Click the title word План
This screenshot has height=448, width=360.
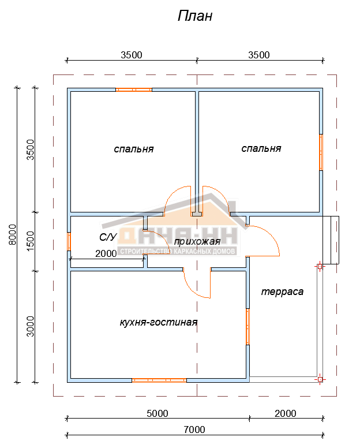tap(195, 16)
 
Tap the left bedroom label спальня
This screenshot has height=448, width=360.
tap(134, 149)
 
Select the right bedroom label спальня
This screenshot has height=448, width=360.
tap(261, 148)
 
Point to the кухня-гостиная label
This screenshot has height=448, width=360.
tap(159, 322)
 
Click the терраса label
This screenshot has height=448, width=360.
tap(282, 292)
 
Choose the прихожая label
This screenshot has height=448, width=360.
tap(197, 242)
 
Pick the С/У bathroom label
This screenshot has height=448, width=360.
tap(108, 237)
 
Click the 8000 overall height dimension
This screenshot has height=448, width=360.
tap(12, 234)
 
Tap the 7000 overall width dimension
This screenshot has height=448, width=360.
tap(194, 430)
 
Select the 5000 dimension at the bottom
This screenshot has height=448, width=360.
tap(157, 413)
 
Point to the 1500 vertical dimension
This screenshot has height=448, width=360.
tap(30, 241)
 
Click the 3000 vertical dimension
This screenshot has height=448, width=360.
tap(30, 326)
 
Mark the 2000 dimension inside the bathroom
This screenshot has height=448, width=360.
tap(106, 253)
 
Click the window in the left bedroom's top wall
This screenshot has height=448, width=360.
tap(134, 89)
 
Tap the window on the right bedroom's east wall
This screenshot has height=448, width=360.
tap(321, 152)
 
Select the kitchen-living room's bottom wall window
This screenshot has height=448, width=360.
tap(159, 380)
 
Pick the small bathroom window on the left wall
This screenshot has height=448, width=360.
tap(69, 241)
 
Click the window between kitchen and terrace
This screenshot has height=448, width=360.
tap(248, 327)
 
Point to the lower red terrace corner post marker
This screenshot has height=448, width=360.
tap(320, 379)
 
